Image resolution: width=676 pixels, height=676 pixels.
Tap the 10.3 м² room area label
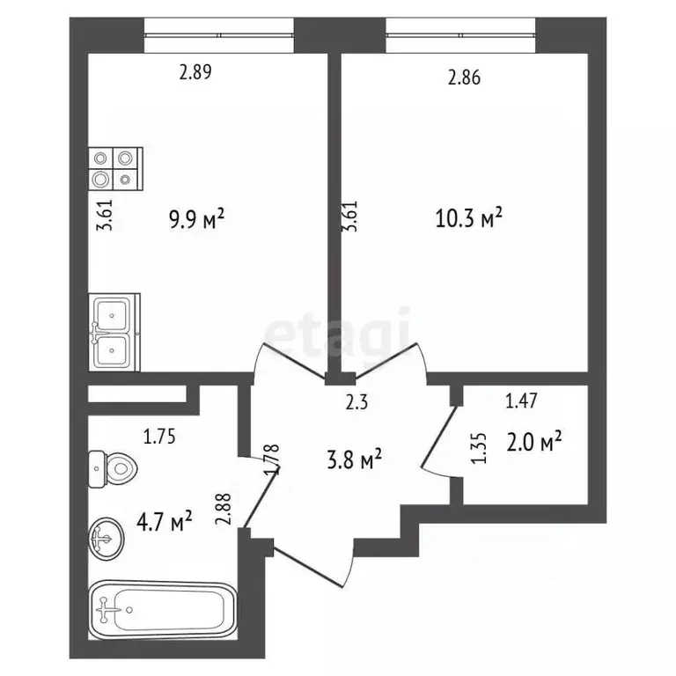coord(469,217)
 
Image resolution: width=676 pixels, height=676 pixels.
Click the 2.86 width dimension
coord(465,78)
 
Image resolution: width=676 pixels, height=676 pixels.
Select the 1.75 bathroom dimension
coord(161,434)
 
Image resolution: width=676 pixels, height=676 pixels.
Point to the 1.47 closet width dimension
coord(521,403)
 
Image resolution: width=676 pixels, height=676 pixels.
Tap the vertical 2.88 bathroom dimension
coord(223,509)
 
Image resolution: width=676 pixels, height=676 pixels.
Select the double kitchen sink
coord(113,331)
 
